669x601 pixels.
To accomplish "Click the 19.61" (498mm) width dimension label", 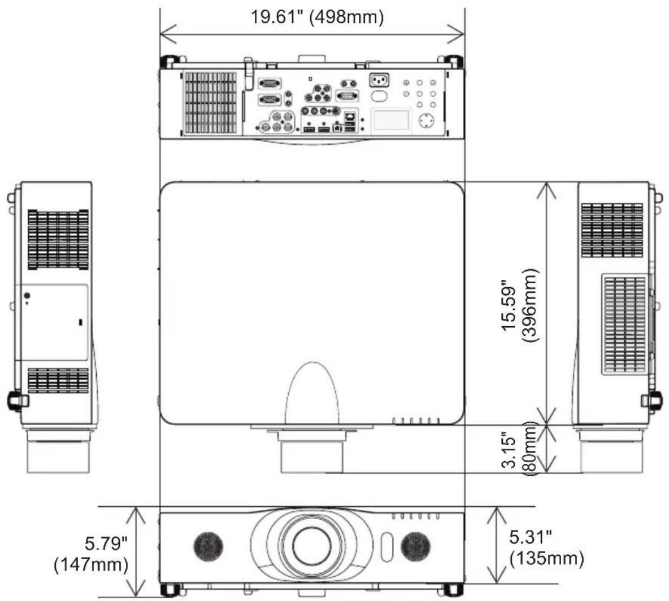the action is (x=316, y=17).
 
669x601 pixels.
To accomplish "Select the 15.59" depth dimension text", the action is (x=510, y=305).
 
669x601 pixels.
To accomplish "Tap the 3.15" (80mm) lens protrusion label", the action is (x=519, y=448).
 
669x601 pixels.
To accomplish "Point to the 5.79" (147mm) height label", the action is (x=91, y=554).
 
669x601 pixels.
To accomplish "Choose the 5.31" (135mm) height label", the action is (x=546, y=548).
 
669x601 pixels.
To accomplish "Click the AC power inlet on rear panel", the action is (x=379, y=80).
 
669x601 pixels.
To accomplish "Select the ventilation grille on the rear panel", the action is (x=210, y=102).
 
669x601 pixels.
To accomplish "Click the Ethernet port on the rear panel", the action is (x=350, y=116).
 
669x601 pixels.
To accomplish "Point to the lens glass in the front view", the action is (x=312, y=546).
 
